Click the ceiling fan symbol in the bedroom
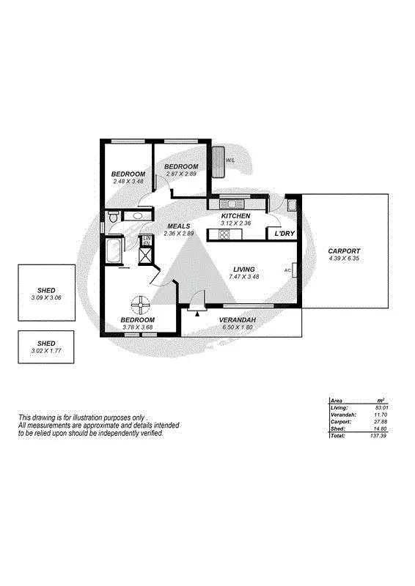pos(140,303)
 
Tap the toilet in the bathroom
pos(112,218)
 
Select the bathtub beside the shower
pos(114,251)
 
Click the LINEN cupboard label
pos(147,241)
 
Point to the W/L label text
pos(230,160)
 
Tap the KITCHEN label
pos(236,216)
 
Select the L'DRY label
pos(284,234)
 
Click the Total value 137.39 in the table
pos(378,435)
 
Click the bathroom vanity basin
pos(136,216)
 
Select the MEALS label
pos(180,226)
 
